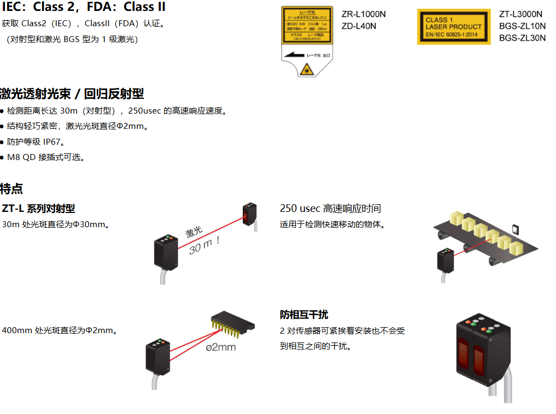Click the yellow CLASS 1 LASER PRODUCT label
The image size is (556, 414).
click(x=453, y=26)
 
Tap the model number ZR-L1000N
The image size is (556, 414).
click(x=364, y=15)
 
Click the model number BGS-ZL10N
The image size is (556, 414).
click(x=522, y=26)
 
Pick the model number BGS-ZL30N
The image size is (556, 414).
click(x=522, y=38)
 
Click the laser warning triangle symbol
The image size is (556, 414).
click(x=306, y=69)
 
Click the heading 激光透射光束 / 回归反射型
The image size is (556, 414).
click(x=72, y=93)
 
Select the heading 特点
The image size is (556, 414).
click(x=11, y=189)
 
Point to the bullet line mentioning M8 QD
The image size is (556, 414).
click(x=45, y=157)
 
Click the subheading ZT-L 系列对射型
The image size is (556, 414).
click(x=38, y=209)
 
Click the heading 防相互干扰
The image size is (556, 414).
click(x=304, y=315)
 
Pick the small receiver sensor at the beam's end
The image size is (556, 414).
click(x=249, y=215)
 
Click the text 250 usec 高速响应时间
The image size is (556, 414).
click(x=330, y=209)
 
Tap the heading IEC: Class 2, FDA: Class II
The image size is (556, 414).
click(x=83, y=7)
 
